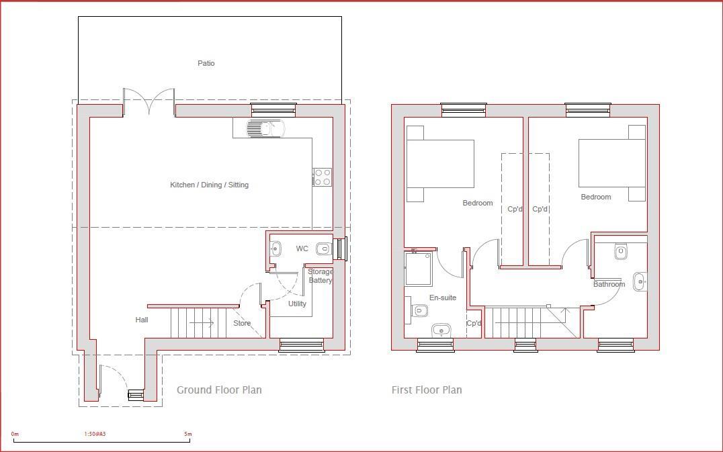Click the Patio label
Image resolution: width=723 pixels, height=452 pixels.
(206, 63)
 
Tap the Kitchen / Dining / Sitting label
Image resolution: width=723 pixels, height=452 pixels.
(209, 185)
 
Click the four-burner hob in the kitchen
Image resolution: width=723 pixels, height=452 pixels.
(322, 177)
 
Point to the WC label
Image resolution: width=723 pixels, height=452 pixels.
(302, 248)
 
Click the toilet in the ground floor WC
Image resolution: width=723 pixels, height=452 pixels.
(323, 249)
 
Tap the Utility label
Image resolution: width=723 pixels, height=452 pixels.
(297, 304)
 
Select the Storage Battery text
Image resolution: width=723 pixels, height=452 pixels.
(321, 276)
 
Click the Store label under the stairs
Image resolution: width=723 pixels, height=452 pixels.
(242, 323)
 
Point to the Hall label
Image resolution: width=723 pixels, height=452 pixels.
(142, 320)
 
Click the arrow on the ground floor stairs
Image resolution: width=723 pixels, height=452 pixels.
(202, 323)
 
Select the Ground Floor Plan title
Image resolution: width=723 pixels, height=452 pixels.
(219, 390)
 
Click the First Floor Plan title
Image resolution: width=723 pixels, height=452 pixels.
(427, 390)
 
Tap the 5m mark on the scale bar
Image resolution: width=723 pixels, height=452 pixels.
(187, 434)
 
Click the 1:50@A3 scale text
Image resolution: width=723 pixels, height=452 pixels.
(95, 434)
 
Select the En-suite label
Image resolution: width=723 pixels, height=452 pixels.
(443, 298)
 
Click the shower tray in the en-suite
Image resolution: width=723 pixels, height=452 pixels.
(418, 268)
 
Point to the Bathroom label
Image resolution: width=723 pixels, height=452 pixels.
(609, 284)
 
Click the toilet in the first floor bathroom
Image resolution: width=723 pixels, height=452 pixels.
(620, 253)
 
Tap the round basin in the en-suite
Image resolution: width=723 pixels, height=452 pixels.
(441, 329)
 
